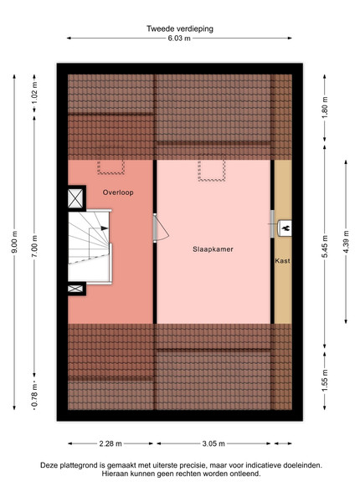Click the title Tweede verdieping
180,28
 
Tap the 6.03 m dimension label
179,38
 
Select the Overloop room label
118,192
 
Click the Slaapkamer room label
213,249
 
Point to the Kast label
282,261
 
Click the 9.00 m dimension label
14,242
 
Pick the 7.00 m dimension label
34,246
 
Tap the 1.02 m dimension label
34,92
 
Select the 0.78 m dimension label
34,395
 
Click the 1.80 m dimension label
325,107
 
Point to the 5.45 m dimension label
325,247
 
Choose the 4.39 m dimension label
346,242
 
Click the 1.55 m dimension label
325,380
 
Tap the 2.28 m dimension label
111,443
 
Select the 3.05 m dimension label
213,443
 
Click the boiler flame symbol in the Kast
285,228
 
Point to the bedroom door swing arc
163,228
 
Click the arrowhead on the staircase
105,228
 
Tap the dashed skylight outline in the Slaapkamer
211,171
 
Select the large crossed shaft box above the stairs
76,198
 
